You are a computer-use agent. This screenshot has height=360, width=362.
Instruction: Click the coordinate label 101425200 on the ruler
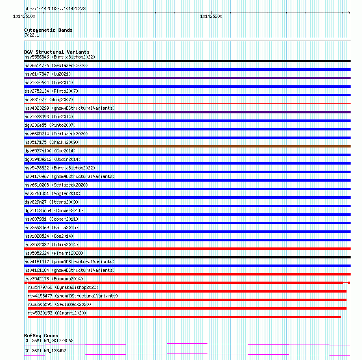tap(211, 16)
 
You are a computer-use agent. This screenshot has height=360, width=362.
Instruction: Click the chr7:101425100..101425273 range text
tap(55, 9)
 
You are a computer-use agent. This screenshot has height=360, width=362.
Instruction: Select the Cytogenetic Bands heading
tap(48, 30)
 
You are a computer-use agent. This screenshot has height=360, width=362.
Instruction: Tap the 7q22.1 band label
tap(32, 35)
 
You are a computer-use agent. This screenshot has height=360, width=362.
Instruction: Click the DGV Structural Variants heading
tap(57, 52)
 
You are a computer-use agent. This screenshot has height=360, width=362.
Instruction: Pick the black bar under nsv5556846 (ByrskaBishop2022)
tap(187, 61)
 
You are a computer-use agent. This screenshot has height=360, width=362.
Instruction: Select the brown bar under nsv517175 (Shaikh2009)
tap(187, 146)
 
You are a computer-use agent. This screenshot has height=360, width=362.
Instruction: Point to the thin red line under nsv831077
tap(187, 104)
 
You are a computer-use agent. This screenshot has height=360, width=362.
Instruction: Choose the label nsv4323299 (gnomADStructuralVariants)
tap(70, 108)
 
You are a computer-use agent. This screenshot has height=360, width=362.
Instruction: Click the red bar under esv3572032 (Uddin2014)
tap(187, 249)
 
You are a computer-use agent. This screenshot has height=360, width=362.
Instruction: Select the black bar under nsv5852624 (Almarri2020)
tap(187, 257)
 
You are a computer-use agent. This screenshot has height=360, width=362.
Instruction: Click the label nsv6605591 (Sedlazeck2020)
tap(59, 304)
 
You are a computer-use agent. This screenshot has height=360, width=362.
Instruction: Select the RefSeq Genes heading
tap(41, 336)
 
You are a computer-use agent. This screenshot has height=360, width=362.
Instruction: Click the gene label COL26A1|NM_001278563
tap(49, 340)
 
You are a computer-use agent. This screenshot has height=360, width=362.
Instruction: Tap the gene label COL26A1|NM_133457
tap(45, 350)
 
